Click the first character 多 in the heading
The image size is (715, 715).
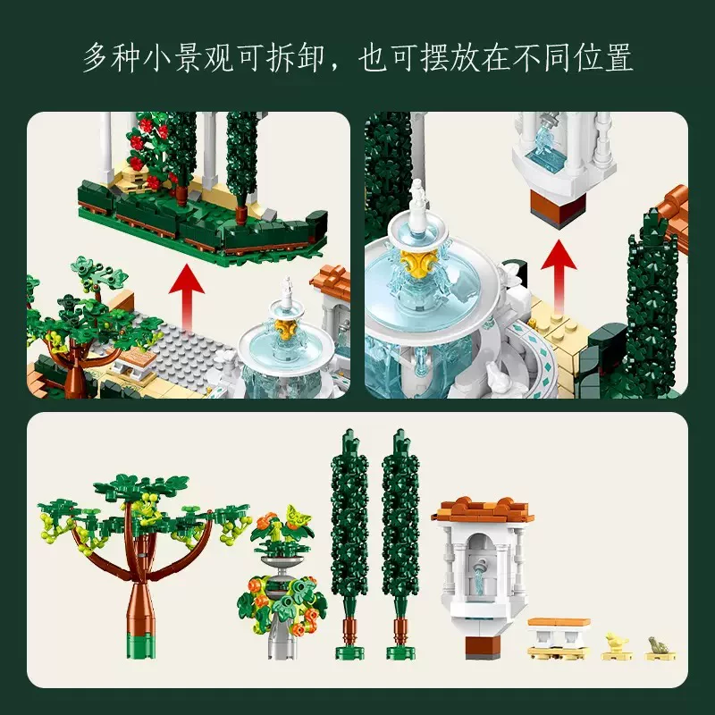click(97, 58)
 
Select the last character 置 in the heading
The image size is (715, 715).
click(618, 58)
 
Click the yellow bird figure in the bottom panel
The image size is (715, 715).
click(617, 648)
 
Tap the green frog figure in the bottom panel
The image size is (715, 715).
click(660, 648)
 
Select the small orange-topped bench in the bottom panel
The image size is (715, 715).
click(559, 638)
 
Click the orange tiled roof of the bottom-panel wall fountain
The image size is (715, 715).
click(483, 510)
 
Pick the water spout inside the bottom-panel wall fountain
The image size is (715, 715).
click(479, 576)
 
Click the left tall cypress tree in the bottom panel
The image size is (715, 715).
click(349, 543)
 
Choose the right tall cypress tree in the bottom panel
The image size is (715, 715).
click(400, 543)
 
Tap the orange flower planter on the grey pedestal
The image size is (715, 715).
click(281, 582)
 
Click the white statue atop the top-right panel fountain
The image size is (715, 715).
click(416, 204)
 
